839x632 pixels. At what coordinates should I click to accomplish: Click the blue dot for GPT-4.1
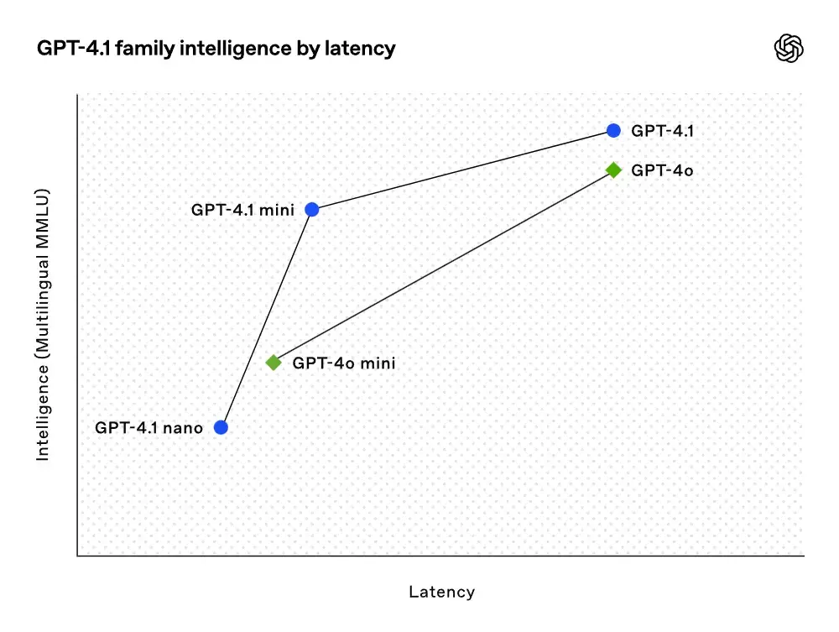click(x=613, y=130)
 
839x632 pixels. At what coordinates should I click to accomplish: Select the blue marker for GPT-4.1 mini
click(x=311, y=209)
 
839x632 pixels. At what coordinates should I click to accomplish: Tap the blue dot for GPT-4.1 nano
click(x=221, y=427)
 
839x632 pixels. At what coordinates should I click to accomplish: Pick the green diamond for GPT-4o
click(x=613, y=170)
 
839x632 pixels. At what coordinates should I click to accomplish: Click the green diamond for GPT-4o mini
click(x=274, y=363)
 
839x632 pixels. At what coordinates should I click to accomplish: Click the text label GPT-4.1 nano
click(x=149, y=427)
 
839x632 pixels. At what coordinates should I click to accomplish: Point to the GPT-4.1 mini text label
click(x=242, y=210)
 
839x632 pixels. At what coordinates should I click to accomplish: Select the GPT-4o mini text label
click(x=343, y=363)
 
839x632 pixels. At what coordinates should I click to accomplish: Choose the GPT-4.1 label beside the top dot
click(x=662, y=131)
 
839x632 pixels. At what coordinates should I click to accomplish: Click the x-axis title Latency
click(x=441, y=592)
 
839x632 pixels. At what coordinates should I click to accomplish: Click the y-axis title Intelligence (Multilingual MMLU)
click(x=43, y=326)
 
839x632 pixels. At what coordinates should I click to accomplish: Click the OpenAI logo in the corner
click(x=788, y=48)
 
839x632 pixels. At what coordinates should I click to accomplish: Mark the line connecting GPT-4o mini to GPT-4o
click(x=443, y=266)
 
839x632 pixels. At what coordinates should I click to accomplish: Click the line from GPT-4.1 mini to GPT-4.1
click(x=462, y=170)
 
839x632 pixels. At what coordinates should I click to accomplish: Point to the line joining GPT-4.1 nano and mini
click(x=266, y=318)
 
